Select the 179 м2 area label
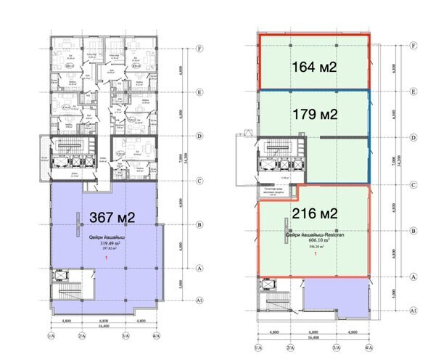pos(313,115)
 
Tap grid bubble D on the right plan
pos(412,136)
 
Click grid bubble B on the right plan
pos(412,231)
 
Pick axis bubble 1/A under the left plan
pos(51,336)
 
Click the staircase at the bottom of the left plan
pos(67,296)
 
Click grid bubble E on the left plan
pos(198,92)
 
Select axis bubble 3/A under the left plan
pos(125,336)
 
